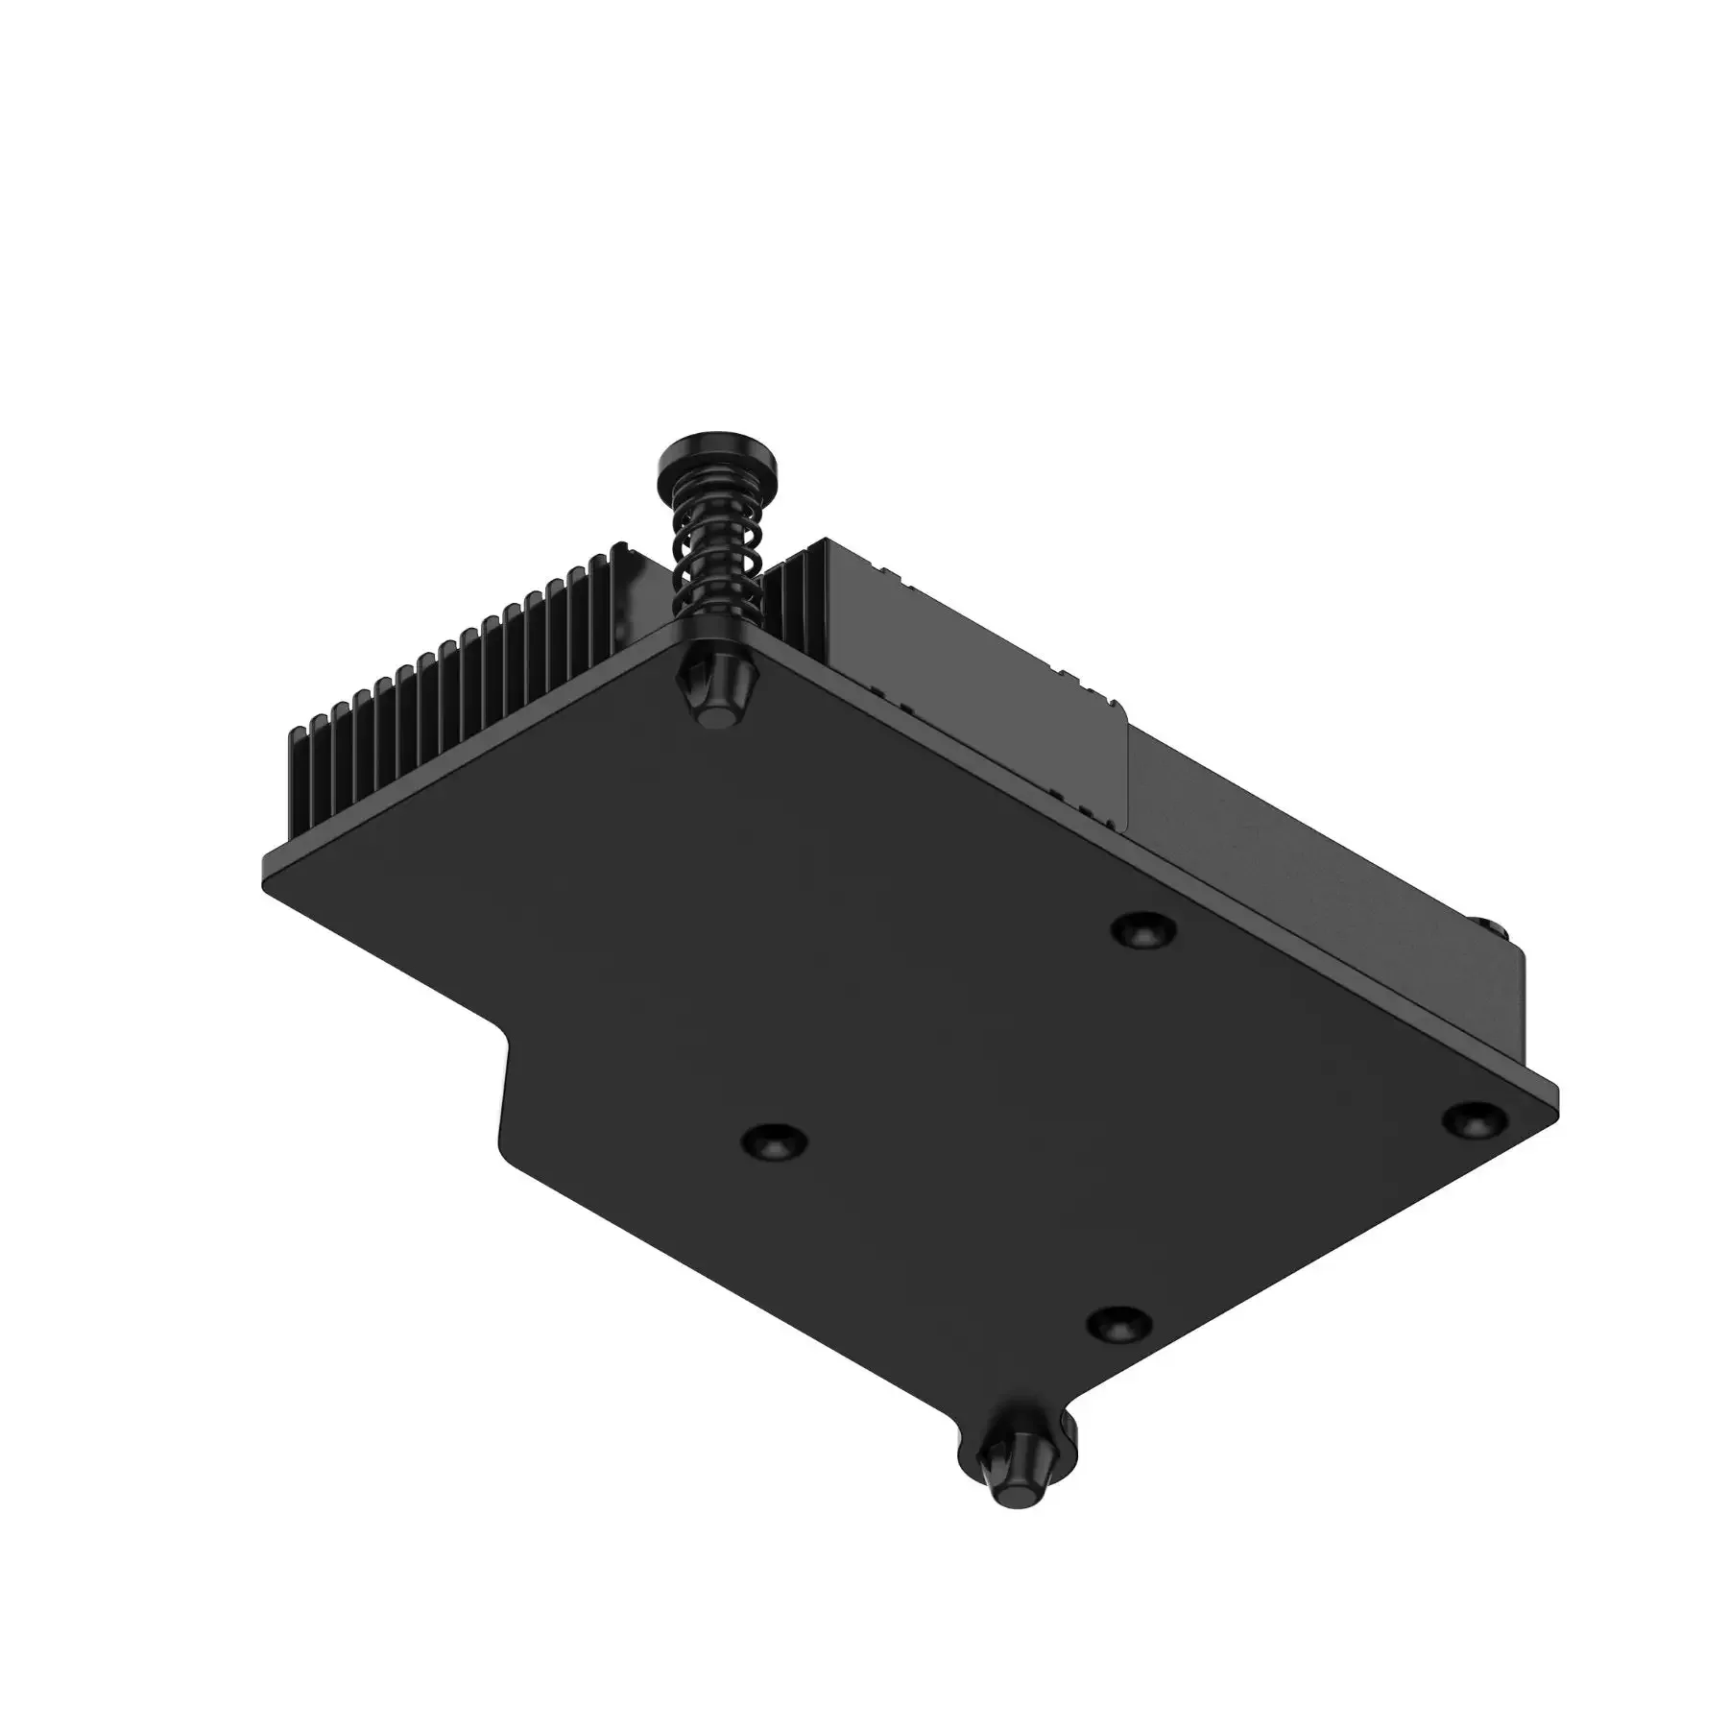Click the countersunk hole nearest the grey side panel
[x=1145, y=929]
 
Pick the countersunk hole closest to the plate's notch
[x=774, y=1142]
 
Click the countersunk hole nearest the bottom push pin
[x=1118, y=1326]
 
